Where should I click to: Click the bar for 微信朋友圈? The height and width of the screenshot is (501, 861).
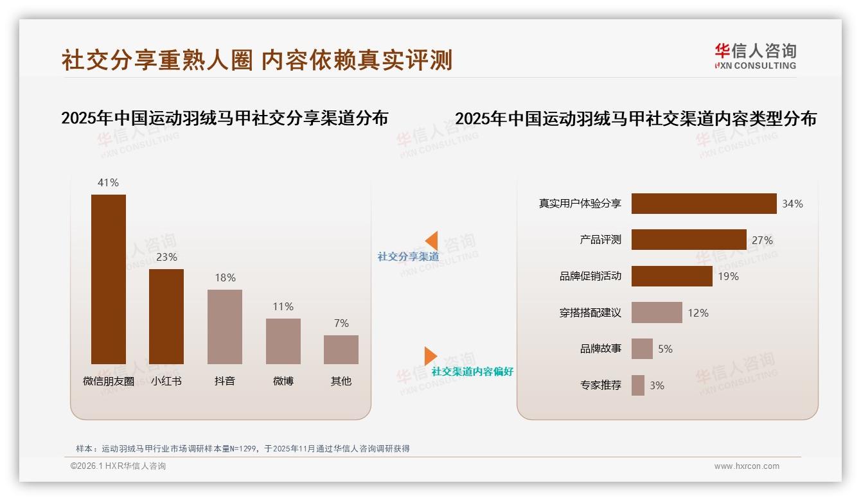tap(109, 279)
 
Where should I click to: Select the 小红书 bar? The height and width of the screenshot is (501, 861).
tap(166, 316)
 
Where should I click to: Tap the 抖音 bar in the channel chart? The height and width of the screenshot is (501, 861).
tap(225, 326)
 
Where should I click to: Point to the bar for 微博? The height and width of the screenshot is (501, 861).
tap(283, 341)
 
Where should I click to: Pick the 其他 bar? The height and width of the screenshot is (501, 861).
tap(341, 349)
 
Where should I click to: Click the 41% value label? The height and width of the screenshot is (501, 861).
tap(108, 182)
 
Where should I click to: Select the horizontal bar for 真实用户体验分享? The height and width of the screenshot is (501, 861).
tap(704, 204)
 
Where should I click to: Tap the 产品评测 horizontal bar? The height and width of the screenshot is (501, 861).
tap(689, 240)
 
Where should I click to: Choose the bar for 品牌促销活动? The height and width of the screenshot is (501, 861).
tap(671, 276)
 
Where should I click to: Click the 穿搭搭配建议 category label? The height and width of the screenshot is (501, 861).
tap(590, 313)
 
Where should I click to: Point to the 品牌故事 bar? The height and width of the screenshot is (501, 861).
tap(642, 349)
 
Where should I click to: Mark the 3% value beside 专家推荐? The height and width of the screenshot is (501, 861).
tap(657, 385)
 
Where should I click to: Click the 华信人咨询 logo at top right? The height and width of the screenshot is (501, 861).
tap(755, 57)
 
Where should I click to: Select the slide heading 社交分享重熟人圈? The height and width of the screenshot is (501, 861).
tap(157, 60)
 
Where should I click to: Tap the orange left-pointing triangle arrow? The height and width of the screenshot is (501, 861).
tap(432, 241)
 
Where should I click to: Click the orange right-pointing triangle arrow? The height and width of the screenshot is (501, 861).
tap(430, 356)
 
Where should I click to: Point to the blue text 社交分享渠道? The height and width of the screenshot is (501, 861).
tap(408, 256)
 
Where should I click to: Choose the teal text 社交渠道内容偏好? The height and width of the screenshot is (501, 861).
tap(472, 371)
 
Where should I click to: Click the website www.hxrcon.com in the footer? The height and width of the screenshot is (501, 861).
tap(747, 466)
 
